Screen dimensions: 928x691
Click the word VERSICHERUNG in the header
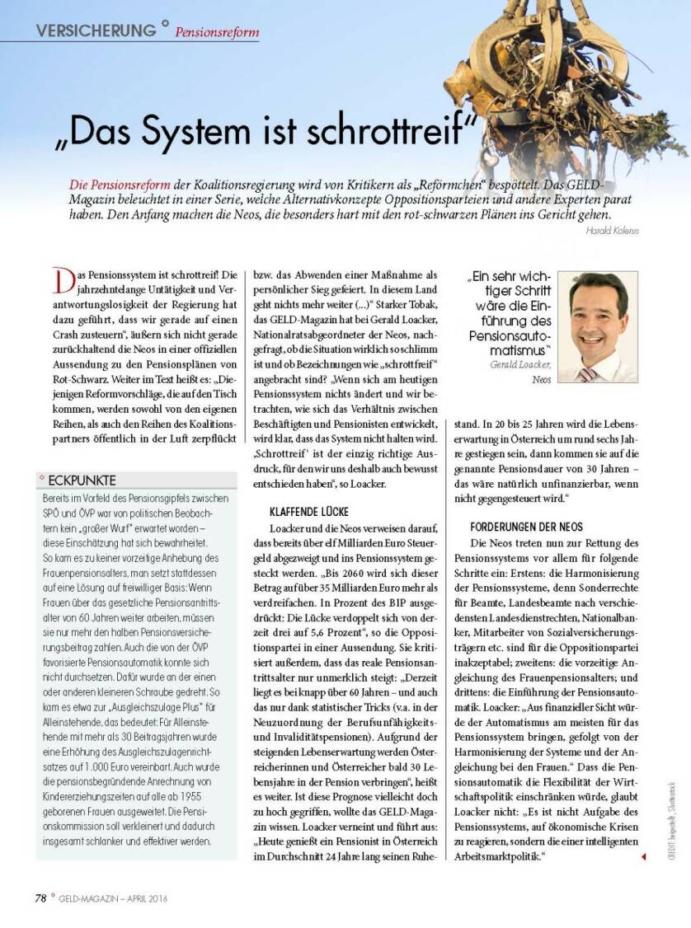click(x=96, y=30)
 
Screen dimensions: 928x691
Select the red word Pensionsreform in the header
click(x=217, y=33)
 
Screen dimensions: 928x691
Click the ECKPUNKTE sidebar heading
click(x=82, y=480)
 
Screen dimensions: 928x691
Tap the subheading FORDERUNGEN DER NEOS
click(x=526, y=526)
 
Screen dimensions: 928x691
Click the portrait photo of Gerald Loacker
click(x=598, y=326)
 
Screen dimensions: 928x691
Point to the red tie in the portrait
click(x=587, y=373)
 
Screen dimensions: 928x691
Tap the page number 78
click(x=40, y=898)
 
